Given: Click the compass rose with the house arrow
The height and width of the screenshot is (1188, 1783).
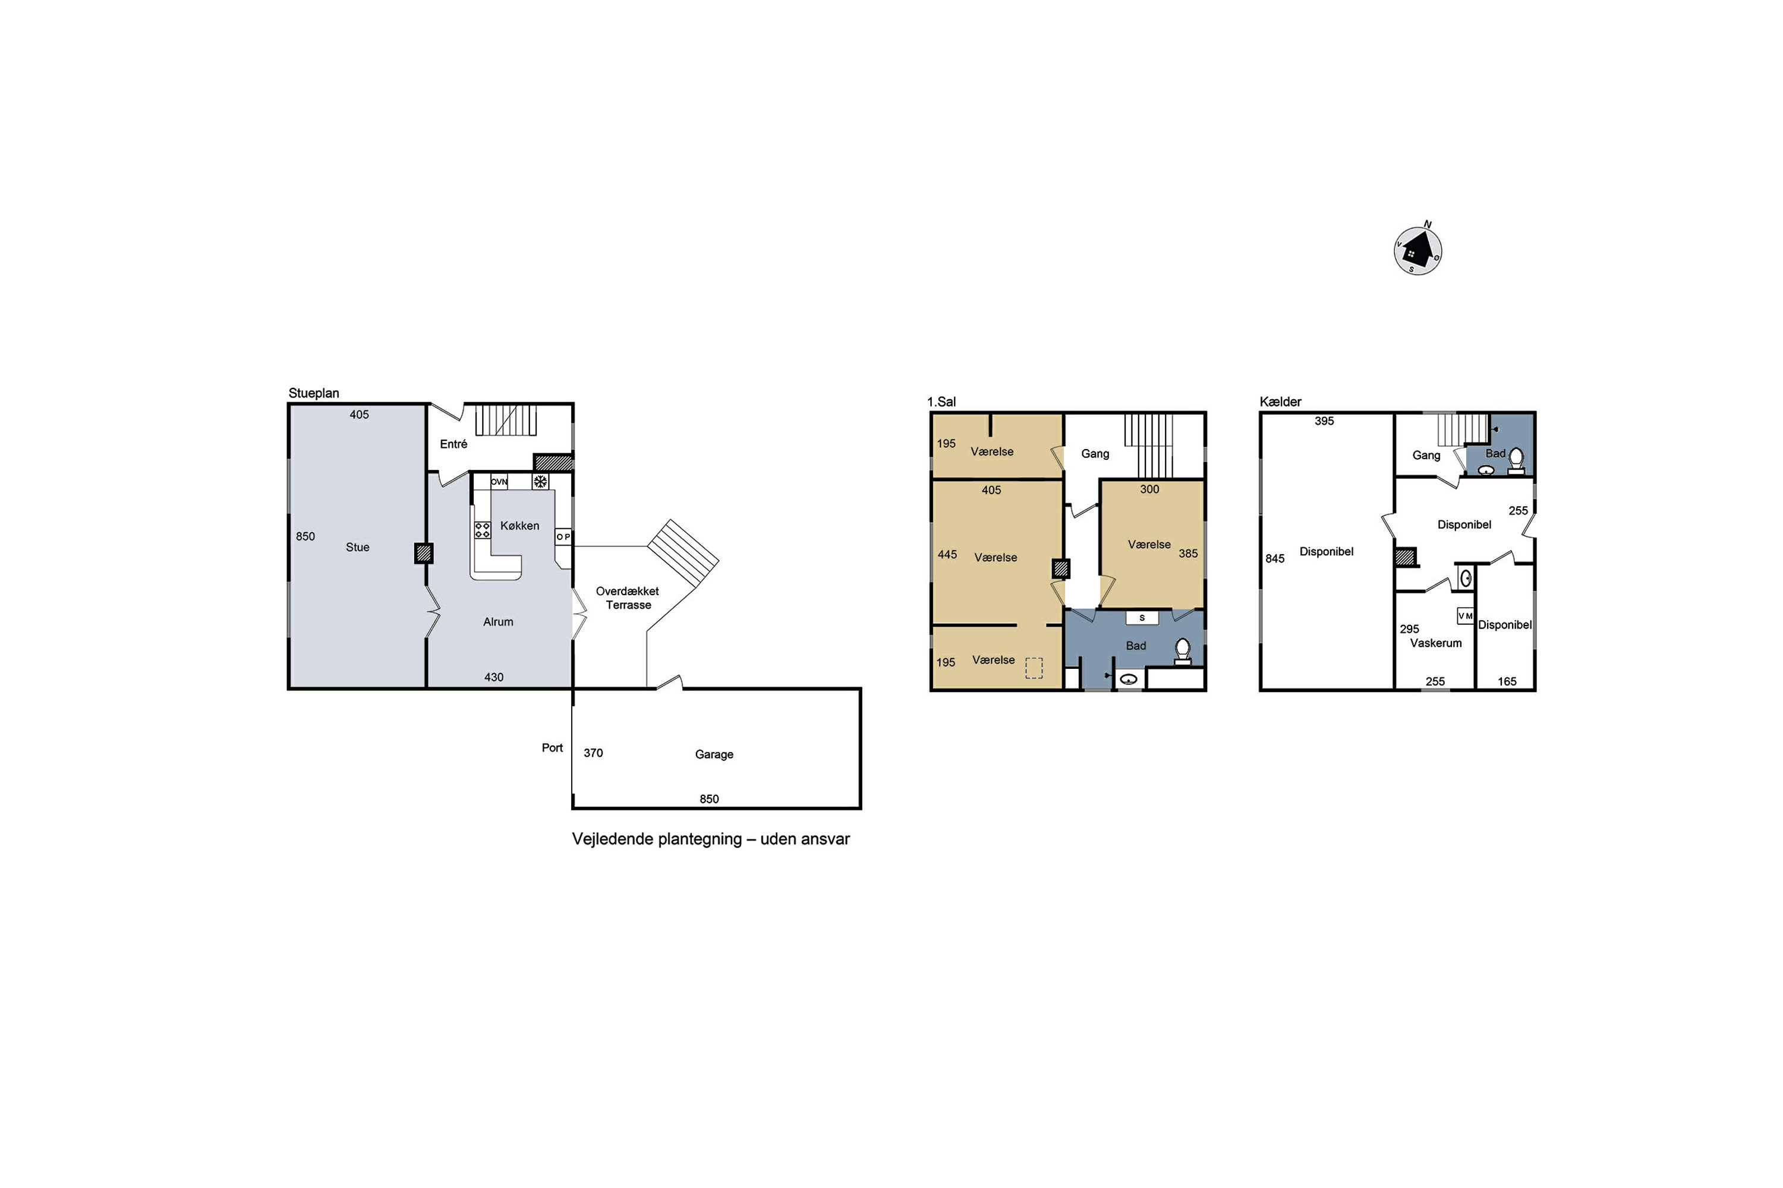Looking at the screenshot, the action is (x=1417, y=249).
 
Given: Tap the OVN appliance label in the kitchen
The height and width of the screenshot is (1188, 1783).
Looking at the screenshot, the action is (x=499, y=482).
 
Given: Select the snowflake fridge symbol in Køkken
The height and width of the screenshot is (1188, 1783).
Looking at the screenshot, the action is (x=540, y=481).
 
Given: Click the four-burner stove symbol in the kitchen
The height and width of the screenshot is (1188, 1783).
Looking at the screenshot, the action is (x=482, y=530).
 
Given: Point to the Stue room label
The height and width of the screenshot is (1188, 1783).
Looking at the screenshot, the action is (x=358, y=547).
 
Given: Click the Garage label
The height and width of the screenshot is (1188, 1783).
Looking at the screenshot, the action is (x=714, y=754).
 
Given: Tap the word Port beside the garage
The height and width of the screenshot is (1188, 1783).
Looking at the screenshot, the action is (x=552, y=748).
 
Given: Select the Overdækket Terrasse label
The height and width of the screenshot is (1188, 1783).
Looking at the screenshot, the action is (x=628, y=598).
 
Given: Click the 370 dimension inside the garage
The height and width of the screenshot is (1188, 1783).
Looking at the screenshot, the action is (x=593, y=753).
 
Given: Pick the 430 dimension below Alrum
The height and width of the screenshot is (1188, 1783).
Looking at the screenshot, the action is (x=493, y=677).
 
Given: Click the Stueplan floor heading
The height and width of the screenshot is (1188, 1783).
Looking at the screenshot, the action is (x=314, y=393).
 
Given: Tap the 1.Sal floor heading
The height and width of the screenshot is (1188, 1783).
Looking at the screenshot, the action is (x=941, y=402).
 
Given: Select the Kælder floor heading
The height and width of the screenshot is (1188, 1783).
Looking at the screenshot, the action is (x=1280, y=402).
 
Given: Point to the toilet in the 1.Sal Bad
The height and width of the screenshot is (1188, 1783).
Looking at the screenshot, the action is (x=1183, y=652).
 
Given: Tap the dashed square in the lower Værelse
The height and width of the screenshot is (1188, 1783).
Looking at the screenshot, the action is (x=1034, y=668).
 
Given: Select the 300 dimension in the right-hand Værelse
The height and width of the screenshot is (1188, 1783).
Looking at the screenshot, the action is (x=1149, y=489).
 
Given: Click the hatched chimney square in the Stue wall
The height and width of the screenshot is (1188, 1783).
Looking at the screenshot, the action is (x=424, y=554).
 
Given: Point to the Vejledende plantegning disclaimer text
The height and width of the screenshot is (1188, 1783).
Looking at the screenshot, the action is (x=711, y=839).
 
